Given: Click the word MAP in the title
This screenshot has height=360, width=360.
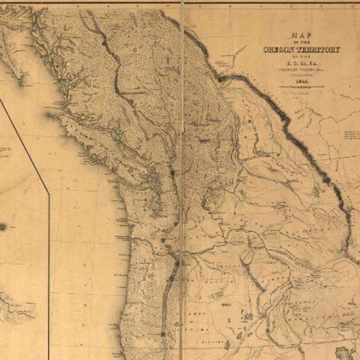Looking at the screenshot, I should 301,35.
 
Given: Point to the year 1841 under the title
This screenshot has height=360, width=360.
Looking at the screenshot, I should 301,82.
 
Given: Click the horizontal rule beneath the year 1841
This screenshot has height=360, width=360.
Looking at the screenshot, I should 301,87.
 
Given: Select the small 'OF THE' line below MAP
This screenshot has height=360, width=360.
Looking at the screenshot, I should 301,43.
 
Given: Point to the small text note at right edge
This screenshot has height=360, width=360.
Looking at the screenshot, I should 352,135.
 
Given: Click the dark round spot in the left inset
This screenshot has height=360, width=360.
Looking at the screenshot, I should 3,227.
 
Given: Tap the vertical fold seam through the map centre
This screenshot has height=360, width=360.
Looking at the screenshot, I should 182,180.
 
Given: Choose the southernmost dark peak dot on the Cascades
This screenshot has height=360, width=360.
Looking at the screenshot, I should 163,334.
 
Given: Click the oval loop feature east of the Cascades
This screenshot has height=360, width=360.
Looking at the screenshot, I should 246,256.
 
